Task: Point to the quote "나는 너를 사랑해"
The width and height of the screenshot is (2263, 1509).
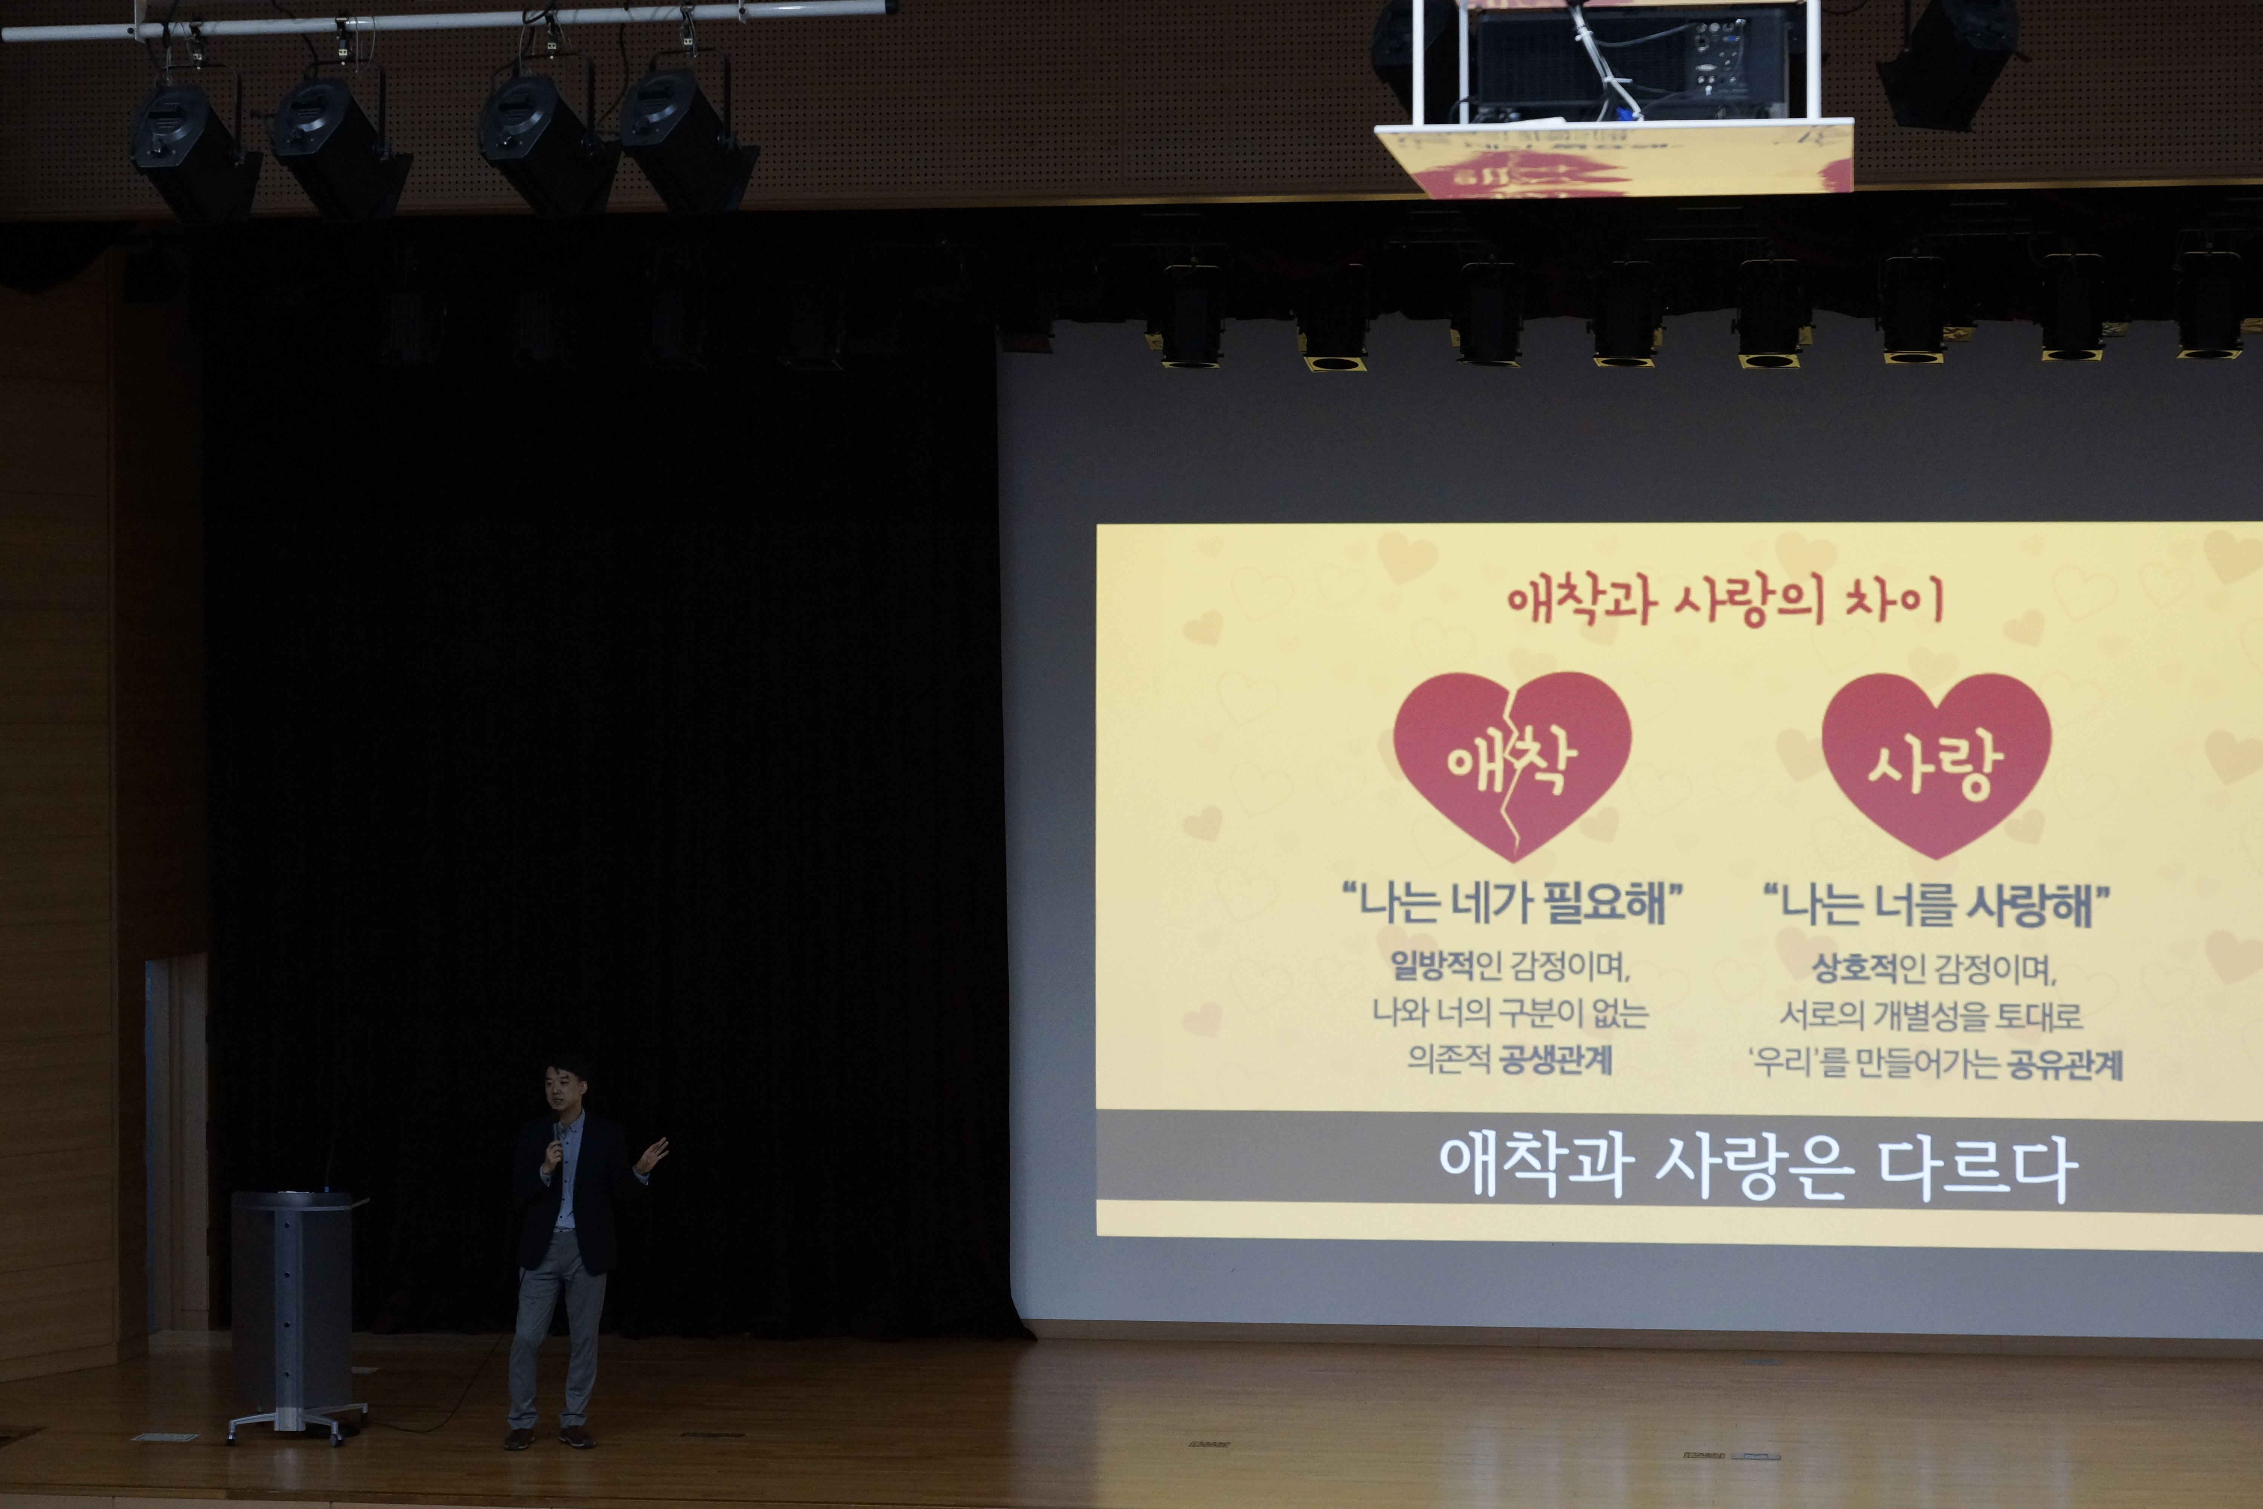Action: pyautogui.click(x=1936, y=905)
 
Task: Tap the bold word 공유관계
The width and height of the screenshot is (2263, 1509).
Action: pyautogui.click(x=2066, y=1064)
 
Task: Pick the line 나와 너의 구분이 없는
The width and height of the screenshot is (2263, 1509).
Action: pyautogui.click(x=1510, y=1011)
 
